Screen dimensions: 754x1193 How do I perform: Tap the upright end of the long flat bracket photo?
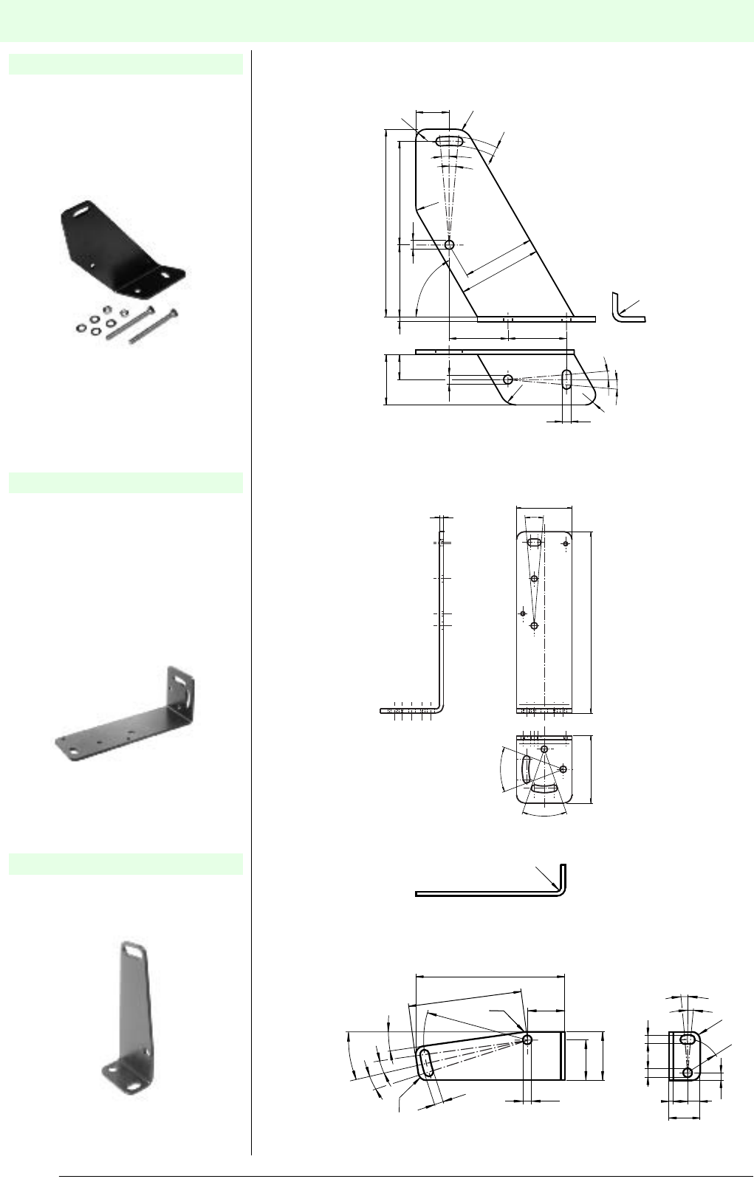point(182,691)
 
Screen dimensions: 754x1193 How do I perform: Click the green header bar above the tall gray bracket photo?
point(126,864)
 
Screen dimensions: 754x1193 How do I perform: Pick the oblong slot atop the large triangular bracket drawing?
point(449,141)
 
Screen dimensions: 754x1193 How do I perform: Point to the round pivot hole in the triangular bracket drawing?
point(449,244)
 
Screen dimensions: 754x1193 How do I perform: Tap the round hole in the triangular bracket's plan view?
point(508,379)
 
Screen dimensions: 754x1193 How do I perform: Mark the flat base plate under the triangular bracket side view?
point(535,320)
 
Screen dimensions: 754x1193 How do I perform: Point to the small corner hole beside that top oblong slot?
point(566,543)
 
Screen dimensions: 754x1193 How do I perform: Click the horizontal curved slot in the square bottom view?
point(545,789)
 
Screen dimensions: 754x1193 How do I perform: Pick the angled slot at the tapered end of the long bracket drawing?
point(427,1065)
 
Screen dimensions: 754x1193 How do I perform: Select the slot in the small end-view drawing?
point(688,1039)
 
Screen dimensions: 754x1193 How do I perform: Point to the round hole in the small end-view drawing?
point(688,1072)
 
